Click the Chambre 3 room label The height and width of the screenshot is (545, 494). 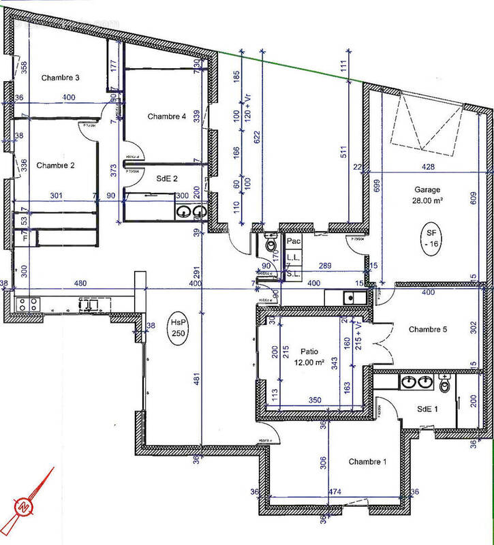pos(61,78)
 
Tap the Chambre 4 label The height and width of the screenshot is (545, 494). pos(167,116)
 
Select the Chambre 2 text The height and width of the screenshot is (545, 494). pos(56,165)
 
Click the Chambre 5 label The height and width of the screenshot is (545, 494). pos(427,330)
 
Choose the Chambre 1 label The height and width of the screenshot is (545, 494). pos(368,462)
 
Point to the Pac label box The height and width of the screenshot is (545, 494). pos(294,241)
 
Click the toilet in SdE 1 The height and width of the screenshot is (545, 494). pos(446,384)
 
